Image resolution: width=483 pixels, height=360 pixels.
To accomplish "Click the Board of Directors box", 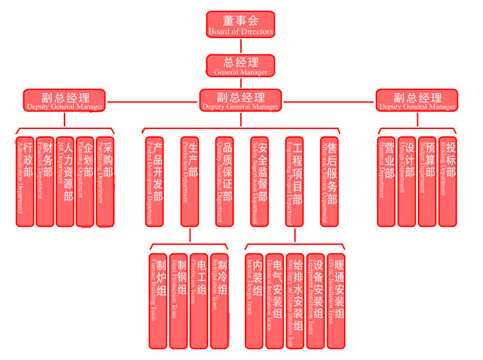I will (x=240, y=23).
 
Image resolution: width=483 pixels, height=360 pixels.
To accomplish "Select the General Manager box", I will (x=240, y=65).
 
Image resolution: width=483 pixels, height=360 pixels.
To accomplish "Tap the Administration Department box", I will (x=25, y=182).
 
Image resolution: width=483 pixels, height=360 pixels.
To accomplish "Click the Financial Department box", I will (x=45, y=182).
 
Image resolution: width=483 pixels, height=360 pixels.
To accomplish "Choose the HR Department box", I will (x=65, y=182).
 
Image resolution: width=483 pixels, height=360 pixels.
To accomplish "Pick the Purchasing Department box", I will (x=104, y=182).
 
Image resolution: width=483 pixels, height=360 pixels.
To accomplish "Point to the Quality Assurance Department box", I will (x=224, y=182).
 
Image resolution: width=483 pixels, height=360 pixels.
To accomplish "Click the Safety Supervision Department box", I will (x=259, y=182).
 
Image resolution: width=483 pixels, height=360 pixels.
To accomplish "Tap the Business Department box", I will (x=387, y=182).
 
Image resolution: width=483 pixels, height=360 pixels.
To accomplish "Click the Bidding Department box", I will (x=447, y=182).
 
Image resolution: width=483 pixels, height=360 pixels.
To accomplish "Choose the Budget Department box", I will (x=427, y=182).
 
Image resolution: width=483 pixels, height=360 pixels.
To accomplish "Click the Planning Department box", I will (x=84, y=182).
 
